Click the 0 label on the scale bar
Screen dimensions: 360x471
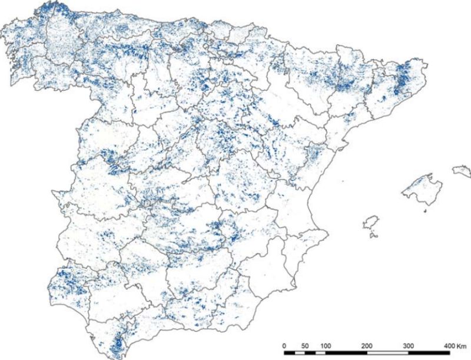pos(284,345)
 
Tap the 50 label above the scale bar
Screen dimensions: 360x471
pos(305,345)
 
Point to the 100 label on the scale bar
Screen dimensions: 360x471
pos(326,345)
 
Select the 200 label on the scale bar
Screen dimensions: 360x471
pos(367,345)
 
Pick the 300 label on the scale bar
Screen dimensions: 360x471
pos(408,345)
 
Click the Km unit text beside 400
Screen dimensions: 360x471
pos(461,345)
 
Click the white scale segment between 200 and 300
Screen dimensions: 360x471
pos(387,352)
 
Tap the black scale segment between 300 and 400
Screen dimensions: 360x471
pos(429,352)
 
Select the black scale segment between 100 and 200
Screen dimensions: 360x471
pos(346,352)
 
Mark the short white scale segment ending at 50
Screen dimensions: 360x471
pos(300,352)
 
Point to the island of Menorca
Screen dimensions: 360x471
pos(462,171)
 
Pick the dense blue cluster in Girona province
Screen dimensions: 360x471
pos(404,80)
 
